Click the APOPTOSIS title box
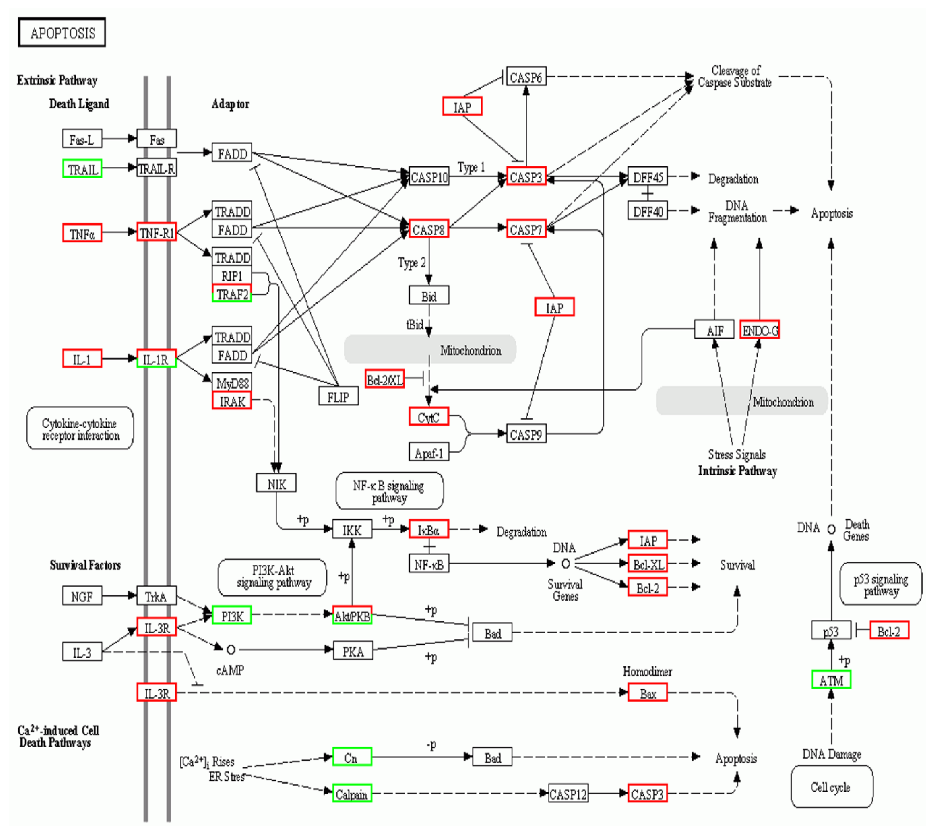pos(62,33)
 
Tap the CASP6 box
pos(526,77)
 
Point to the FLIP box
pos(338,396)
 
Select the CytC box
pos(429,416)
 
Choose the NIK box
pos(276,483)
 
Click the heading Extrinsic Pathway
pos(57,80)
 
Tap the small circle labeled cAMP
pos(231,650)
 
